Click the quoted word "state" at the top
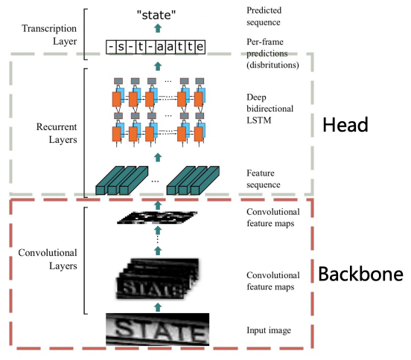click(x=156, y=15)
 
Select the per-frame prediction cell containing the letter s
click(x=121, y=47)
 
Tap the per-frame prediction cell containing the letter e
click(x=200, y=47)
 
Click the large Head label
click(x=345, y=125)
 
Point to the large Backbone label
click(x=360, y=274)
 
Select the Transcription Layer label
click(x=49, y=34)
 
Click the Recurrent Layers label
click(x=57, y=133)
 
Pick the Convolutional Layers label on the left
click(x=48, y=259)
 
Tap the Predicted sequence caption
click(x=264, y=16)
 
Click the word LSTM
click(x=259, y=120)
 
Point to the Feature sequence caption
click(x=264, y=179)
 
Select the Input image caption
click(x=269, y=330)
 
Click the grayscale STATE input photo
click(x=158, y=330)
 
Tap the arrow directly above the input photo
click(x=158, y=307)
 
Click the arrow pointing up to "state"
click(x=158, y=28)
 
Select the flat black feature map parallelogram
click(x=157, y=218)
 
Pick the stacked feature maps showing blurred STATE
click(x=158, y=279)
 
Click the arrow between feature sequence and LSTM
click(x=158, y=158)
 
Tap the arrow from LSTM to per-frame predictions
click(x=158, y=66)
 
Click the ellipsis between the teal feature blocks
click(x=155, y=181)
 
